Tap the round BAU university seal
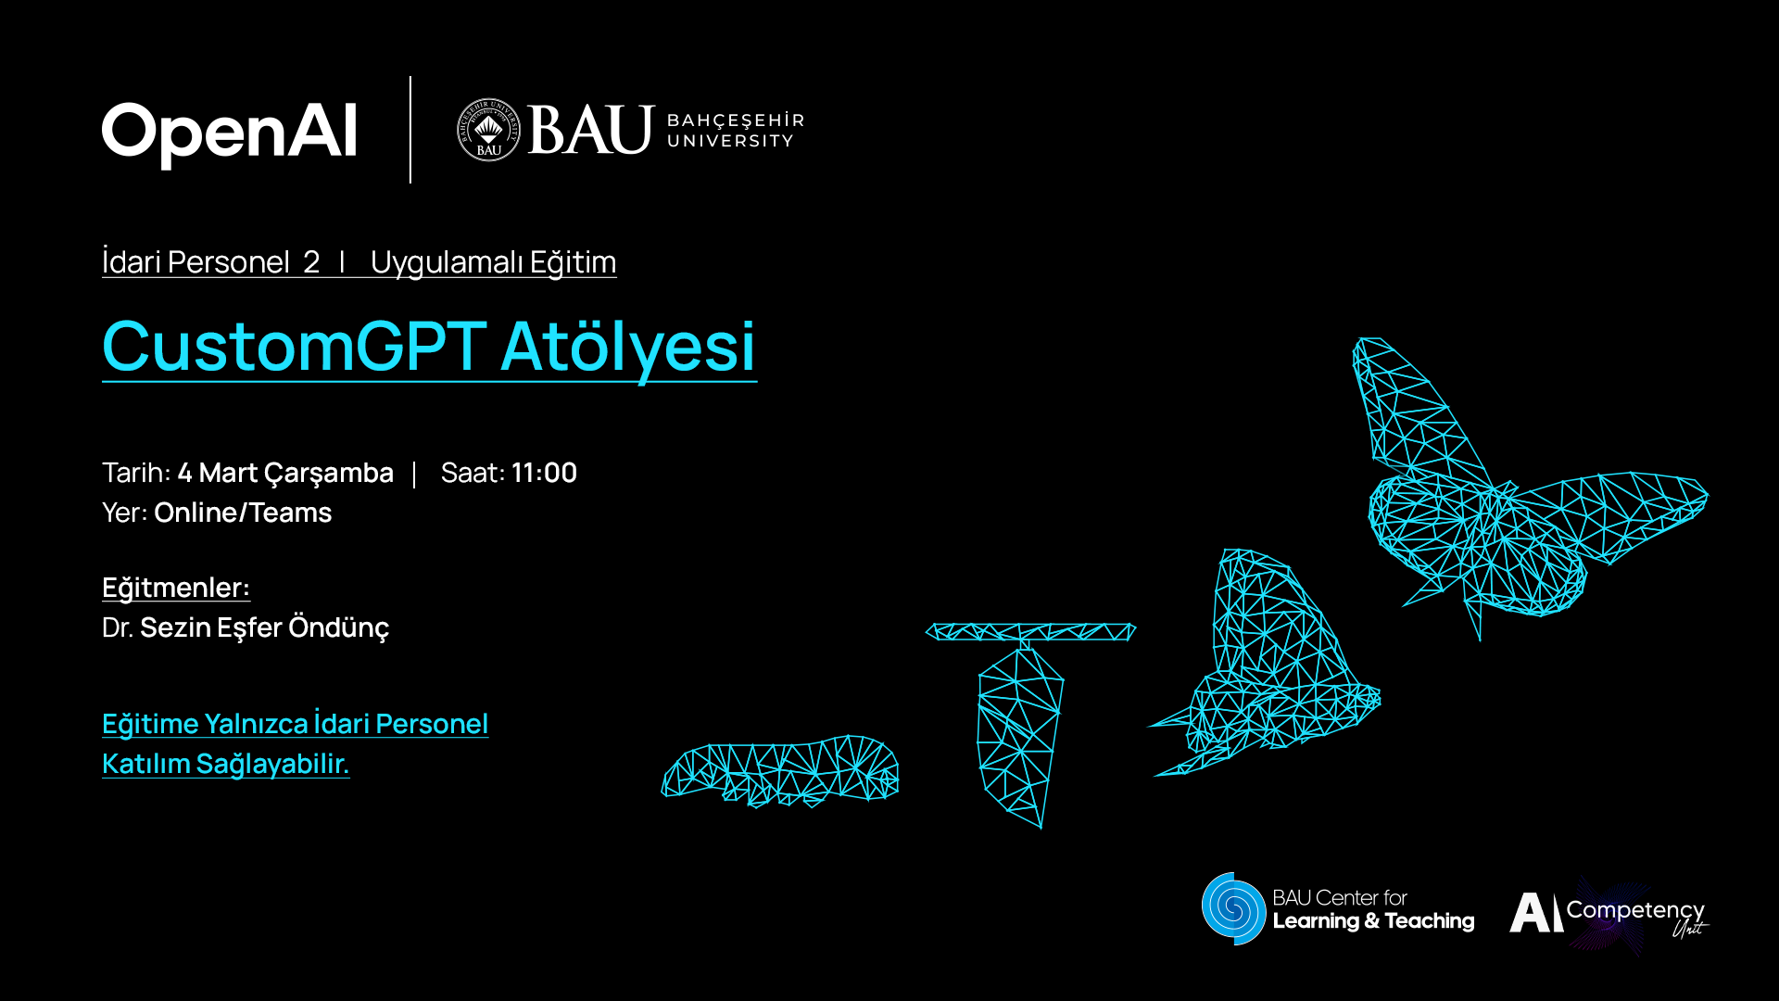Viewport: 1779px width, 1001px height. tap(488, 130)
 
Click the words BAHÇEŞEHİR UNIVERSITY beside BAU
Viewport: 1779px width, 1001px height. tap(736, 131)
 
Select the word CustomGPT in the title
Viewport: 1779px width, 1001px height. tap(295, 346)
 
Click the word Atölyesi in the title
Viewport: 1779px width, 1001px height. tap(629, 347)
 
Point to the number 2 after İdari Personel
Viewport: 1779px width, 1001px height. tap(311, 262)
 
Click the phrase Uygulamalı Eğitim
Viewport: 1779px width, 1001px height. tap(493, 262)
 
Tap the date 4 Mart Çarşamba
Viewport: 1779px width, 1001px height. tap(285, 473)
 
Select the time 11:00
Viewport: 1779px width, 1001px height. tap(544, 473)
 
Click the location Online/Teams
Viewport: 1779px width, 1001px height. tap(243, 513)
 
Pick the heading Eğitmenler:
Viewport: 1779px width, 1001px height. tap(176, 588)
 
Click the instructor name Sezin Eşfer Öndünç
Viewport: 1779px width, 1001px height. tap(264, 627)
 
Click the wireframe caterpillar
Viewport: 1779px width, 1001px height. tap(780, 770)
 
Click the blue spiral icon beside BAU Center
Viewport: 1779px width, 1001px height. tap(1233, 908)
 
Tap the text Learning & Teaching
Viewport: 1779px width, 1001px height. tap(1373, 921)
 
